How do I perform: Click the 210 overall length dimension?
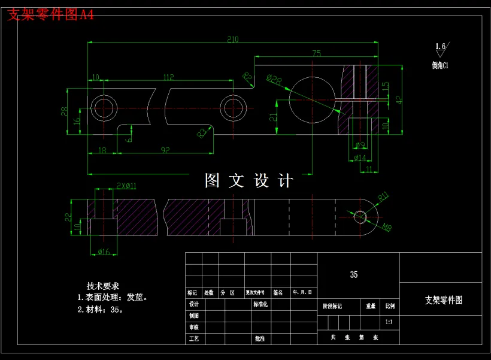point(233,40)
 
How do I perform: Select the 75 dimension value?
point(316,53)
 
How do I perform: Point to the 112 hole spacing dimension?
point(168,77)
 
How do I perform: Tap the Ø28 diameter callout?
point(274,79)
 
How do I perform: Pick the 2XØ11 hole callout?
point(126,186)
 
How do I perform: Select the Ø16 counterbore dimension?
point(104,252)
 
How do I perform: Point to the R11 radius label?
point(383,195)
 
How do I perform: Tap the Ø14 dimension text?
point(359,158)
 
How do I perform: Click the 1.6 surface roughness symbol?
point(441,47)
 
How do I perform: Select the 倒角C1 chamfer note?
point(440,65)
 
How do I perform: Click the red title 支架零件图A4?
point(50,15)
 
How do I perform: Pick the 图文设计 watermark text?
point(249,181)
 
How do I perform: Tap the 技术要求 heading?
point(103,286)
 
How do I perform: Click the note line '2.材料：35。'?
point(101,310)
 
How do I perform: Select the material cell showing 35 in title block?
point(354,274)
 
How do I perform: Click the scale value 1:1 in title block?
point(390,322)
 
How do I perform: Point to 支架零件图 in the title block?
point(444,300)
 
